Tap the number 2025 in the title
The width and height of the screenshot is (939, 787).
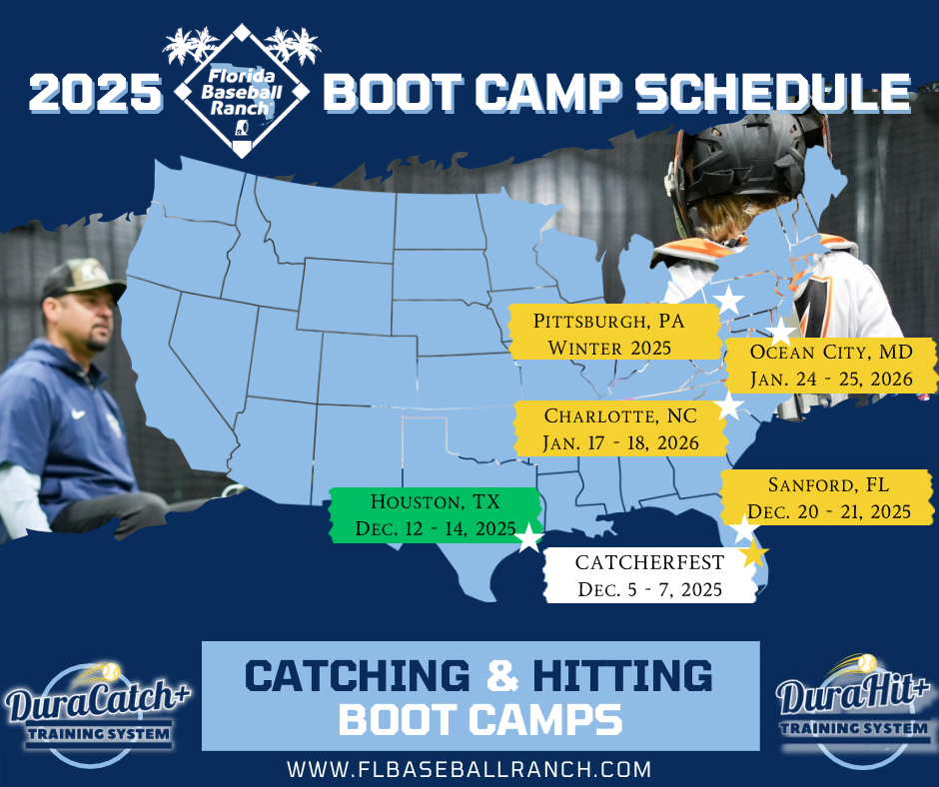click(x=94, y=94)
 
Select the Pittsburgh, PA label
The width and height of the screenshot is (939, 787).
click(x=614, y=334)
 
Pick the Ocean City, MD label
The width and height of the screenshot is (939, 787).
click(x=831, y=366)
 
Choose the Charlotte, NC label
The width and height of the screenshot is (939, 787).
click(x=620, y=428)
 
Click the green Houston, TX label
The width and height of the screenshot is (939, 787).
click(x=436, y=514)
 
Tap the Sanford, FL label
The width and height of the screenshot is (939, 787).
click(x=828, y=497)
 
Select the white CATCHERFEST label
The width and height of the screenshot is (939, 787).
click(x=648, y=575)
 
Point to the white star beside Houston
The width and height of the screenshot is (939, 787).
click(x=528, y=538)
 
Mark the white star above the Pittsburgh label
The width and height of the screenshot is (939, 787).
click(x=729, y=299)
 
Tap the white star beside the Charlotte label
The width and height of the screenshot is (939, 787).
click(x=730, y=405)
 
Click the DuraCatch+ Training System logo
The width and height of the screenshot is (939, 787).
click(x=97, y=710)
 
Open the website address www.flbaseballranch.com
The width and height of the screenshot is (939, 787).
click(x=469, y=769)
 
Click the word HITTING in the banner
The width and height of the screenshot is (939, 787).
click(x=614, y=676)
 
